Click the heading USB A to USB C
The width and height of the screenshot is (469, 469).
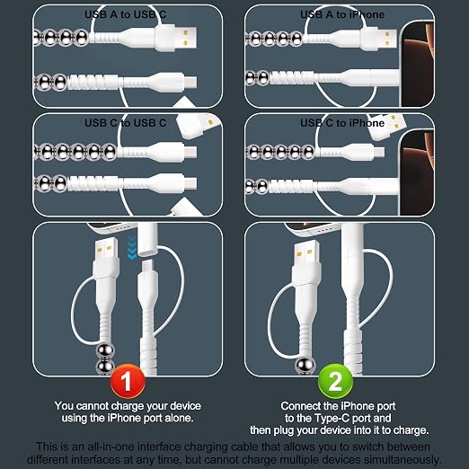pyautogui.click(x=125, y=14)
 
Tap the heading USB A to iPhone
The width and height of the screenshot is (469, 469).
pyautogui.click(x=342, y=14)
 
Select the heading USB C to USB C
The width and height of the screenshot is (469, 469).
pyautogui.click(x=125, y=123)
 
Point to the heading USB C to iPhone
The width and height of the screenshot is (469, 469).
pyautogui.click(x=342, y=123)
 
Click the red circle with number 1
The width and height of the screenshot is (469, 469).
pyautogui.click(x=128, y=381)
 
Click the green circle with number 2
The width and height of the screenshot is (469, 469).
pyautogui.click(x=335, y=381)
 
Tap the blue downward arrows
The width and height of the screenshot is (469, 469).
pyautogui.click(x=132, y=247)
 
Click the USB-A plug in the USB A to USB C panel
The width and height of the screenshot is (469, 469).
pyautogui.click(x=176, y=38)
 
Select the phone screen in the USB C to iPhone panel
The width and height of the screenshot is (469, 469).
pyautogui.click(x=418, y=173)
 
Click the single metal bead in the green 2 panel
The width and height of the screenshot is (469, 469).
pyautogui.click(x=305, y=366)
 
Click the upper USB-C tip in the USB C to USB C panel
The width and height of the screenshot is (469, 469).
pyautogui.click(x=190, y=152)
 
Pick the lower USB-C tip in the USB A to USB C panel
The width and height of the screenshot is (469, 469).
pyautogui.click(x=190, y=82)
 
